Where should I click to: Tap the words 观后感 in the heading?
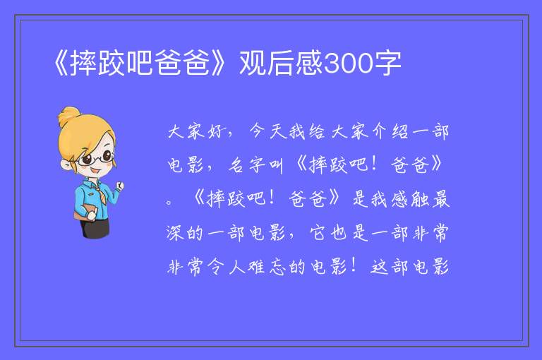(x=281, y=63)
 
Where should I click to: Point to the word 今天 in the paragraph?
(x=267, y=131)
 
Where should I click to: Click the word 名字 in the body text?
(x=246, y=165)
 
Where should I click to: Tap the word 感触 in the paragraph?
(x=409, y=199)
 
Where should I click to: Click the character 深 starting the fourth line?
(x=174, y=233)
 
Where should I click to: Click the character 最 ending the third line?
(x=440, y=199)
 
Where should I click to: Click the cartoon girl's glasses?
(x=96, y=158)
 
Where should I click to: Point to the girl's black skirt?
(x=95, y=228)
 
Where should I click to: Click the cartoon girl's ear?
(x=66, y=164)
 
